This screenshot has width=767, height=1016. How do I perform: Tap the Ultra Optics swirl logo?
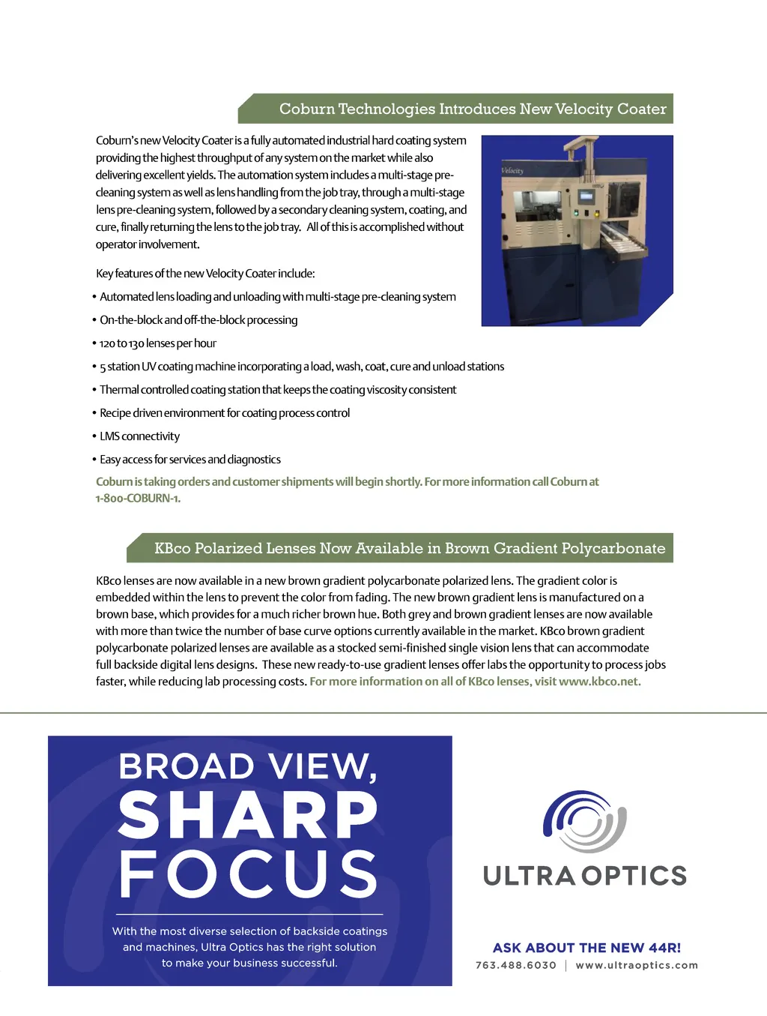click(584, 821)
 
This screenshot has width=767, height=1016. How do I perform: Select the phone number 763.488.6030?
click(516, 965)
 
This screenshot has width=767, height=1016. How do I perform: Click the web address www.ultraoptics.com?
click(637, 965)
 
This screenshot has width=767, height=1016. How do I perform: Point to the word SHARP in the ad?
click(249, 816)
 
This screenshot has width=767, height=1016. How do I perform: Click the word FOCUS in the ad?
click(249, 874)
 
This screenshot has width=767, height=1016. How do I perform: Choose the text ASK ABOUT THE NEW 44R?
click(586, 948)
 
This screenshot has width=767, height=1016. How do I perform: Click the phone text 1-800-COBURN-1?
click(138, 499)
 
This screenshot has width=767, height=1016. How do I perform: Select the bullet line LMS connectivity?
click(139, 436)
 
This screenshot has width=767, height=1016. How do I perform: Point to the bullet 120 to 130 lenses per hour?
click(157, 343)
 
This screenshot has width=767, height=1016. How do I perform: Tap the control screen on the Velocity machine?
click(586, 197)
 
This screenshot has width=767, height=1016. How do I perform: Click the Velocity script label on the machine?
click(512, 171)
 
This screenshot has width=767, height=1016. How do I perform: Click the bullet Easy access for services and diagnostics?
click(190, 460)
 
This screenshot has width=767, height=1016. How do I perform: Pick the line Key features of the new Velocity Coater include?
click(205, 274)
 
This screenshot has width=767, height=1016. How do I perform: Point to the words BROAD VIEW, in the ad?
click(249, 766)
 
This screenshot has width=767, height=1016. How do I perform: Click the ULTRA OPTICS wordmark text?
click(585, 876)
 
